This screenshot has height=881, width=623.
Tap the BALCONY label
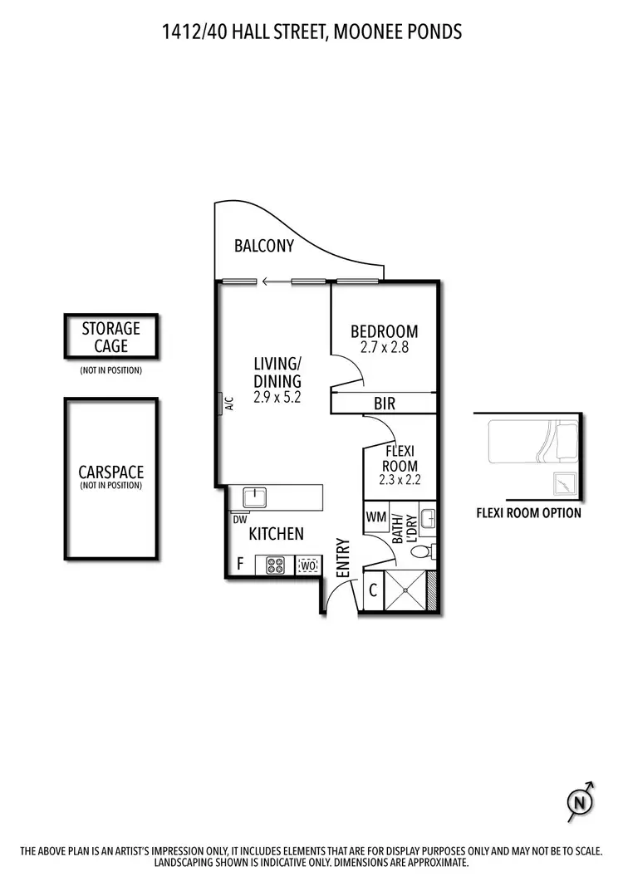(264, 246)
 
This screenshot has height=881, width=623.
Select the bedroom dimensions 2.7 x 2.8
(384, 349)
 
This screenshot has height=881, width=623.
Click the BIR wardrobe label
(385, 404)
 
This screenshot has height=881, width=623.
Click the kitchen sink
(254, 497)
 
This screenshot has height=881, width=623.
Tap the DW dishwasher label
(240, 520)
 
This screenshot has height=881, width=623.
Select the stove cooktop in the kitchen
(276, 565)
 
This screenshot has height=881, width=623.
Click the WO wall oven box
(307, 565)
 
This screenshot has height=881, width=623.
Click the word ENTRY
(342, 558)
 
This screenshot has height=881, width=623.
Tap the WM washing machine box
(375, 517)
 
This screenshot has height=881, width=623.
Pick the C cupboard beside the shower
(373, 591)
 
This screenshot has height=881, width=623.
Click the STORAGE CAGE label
(110, 336)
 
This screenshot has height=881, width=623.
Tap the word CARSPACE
(110, 472)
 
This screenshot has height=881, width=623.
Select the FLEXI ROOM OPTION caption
(528, 512)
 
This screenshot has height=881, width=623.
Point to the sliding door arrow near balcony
(268, 281)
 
